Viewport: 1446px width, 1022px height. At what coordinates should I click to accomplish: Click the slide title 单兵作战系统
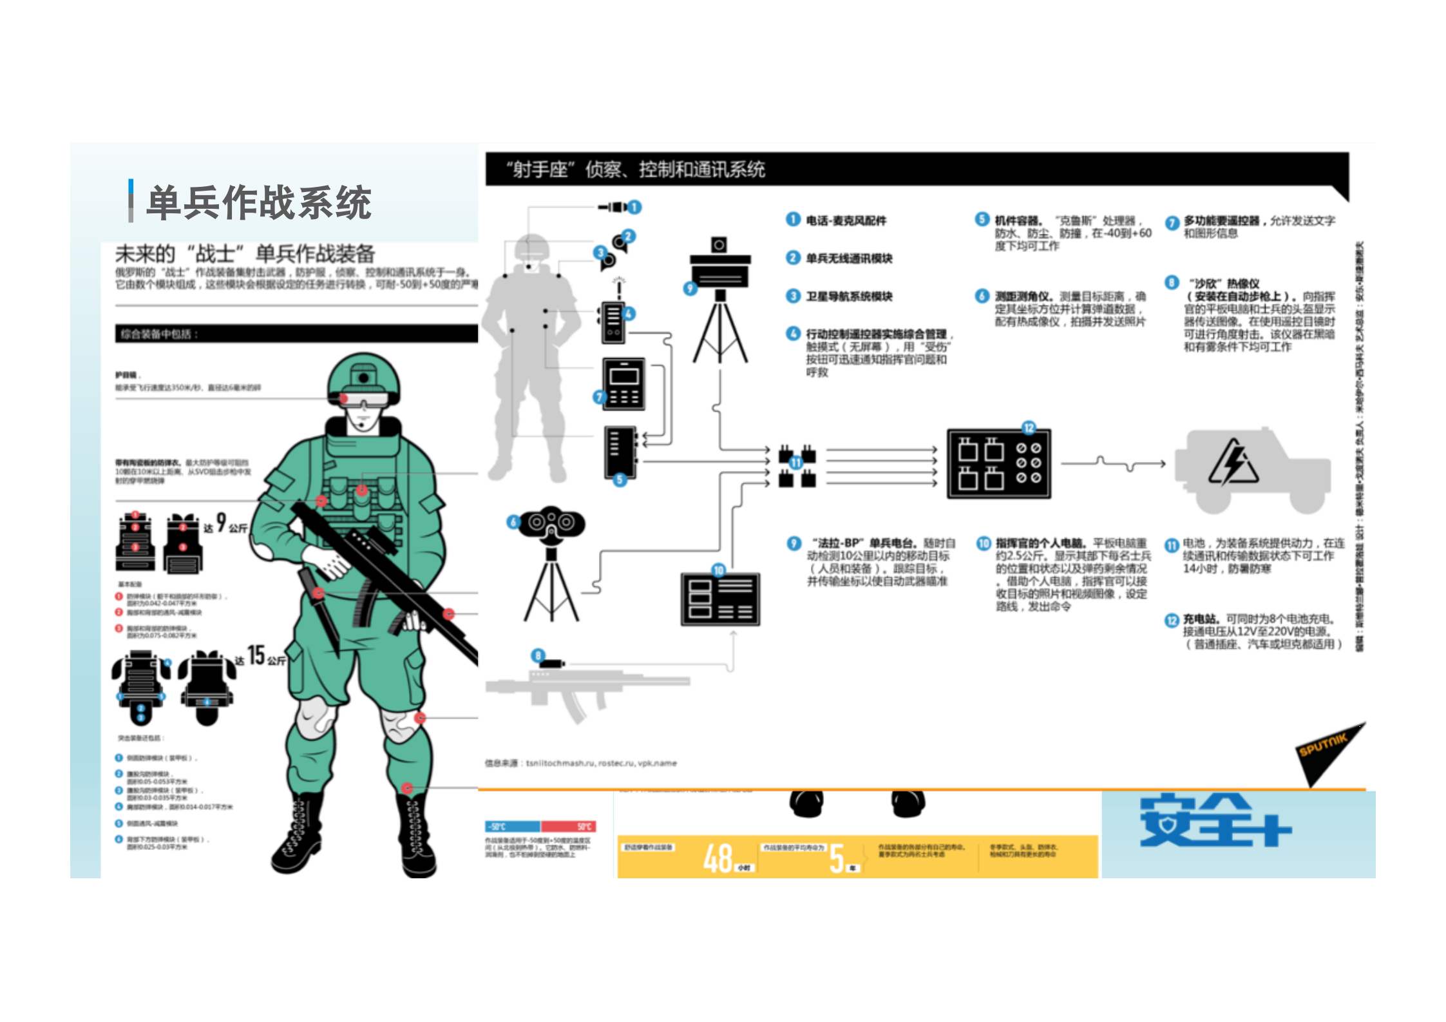coord(258,203)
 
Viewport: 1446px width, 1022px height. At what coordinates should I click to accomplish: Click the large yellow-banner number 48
coord(718,858)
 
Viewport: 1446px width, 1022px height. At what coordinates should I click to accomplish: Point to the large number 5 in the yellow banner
coord(837,858)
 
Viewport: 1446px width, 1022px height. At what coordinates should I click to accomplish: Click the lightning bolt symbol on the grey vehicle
coord(1233,462)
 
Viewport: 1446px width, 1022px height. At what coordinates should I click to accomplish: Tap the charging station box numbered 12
coord(998,463)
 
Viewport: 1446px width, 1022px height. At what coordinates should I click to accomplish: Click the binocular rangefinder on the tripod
coord(551,523)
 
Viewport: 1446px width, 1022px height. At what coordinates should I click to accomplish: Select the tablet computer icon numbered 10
coord(720,599)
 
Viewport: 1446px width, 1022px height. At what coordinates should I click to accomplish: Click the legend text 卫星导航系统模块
coord(849,296)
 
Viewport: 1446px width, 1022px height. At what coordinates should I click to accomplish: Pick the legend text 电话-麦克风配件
coord(846,220)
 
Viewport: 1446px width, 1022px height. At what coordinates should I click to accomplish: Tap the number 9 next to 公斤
coord(221,522)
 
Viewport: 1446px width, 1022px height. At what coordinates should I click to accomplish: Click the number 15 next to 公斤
coord(256,655)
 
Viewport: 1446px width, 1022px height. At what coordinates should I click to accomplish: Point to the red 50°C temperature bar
coord(568,827)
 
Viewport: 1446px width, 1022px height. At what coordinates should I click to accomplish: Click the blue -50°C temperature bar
coord(513,827)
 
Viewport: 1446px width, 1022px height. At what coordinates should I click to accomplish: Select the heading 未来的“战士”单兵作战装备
coord(245,253)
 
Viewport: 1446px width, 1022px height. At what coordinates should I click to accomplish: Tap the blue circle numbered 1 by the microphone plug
coord(635,207)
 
